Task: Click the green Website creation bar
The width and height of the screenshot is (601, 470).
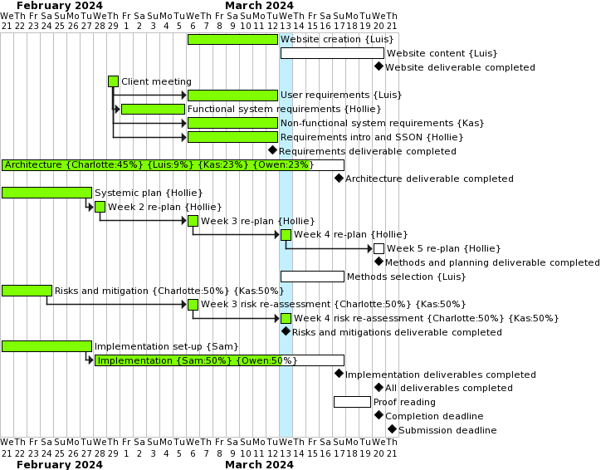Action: pos(232,39)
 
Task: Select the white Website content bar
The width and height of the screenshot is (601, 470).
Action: pos(332,53)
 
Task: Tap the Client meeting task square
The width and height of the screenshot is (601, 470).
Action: pos(113,81)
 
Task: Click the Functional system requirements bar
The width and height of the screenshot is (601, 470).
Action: pos(153,109)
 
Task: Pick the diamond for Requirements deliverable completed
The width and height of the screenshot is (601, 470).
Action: pos(272,150)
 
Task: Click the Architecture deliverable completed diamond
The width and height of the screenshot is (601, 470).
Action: pos(339,178)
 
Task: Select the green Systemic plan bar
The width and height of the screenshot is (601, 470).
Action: pos(46,193)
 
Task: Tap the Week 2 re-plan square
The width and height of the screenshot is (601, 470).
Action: pos(100,207)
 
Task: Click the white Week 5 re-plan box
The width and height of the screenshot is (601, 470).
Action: pos(379,248)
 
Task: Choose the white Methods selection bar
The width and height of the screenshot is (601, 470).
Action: pos(312,277)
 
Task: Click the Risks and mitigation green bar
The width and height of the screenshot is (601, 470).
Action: pos(27,291)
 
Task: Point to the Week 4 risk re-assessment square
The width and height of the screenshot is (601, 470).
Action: pos(286,318)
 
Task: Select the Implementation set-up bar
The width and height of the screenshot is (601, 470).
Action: pos(46,346)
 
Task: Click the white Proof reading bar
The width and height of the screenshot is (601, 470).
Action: pos(352,402)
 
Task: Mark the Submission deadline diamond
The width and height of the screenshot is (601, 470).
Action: pos(392,429)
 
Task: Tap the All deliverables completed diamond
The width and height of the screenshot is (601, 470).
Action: pos(379,387)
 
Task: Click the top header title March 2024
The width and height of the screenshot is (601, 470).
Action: pos(259,6)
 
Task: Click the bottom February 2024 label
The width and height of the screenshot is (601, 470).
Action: pos(60,464)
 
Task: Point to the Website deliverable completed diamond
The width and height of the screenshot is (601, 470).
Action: pos(379,66)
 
